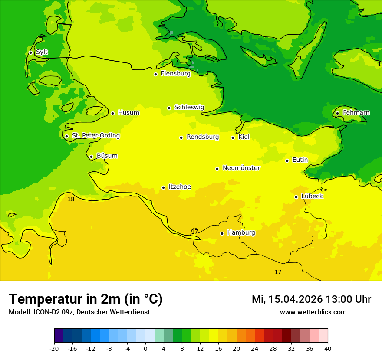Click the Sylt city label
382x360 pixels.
(x=42, y=52)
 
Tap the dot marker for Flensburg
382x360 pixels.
(x=155, y=74)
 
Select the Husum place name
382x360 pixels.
(x=128, y=113)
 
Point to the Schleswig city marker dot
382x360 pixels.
(x=169, y=108)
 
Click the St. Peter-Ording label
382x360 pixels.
(x=95, y=136)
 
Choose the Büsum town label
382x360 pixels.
(x=107, y=156)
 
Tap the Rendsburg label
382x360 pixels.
(x=202, y=137)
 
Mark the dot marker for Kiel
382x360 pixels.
(x=233, y=137)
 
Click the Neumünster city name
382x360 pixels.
(x=241, y=168)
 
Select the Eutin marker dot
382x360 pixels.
(x=287, y=160)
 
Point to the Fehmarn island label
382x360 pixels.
(x=356, y=113)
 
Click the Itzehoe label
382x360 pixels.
(x=180, y=187)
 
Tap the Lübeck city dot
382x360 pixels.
(x=296, y=197)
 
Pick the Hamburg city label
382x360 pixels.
(x=241, y=232)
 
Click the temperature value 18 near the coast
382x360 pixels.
(x=71, y=199)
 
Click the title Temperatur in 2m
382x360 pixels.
(x=86, y=299)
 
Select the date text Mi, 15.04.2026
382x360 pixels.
(x=286, y=299)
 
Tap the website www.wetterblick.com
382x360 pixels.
(x=313, y=312)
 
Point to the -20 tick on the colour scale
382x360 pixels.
(x=54, y=349)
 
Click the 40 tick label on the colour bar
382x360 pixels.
(x=327, y=349)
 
